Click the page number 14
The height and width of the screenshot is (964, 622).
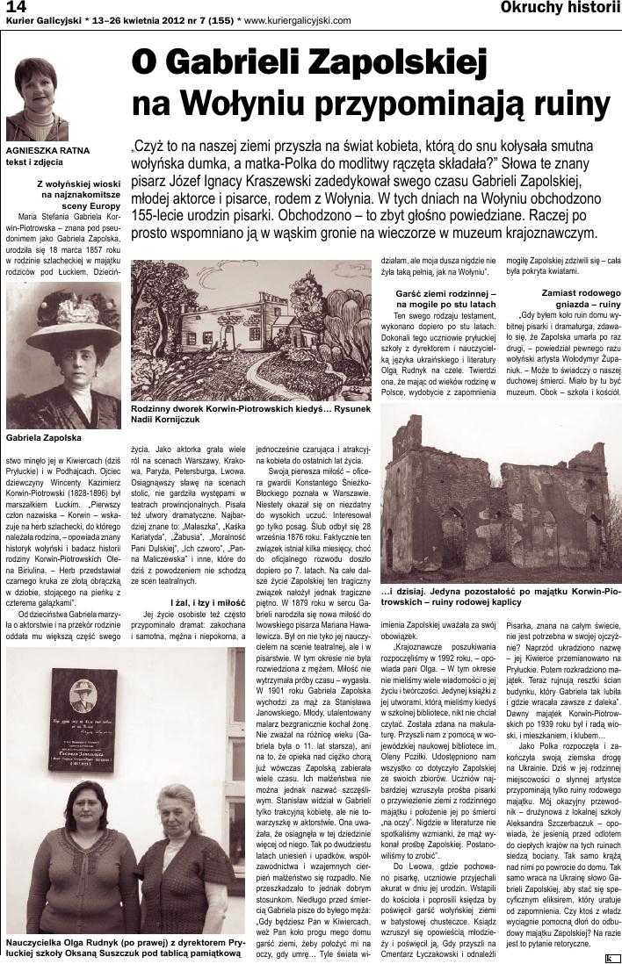[14, 7]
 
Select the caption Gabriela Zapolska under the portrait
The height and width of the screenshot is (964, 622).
[43, 436]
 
